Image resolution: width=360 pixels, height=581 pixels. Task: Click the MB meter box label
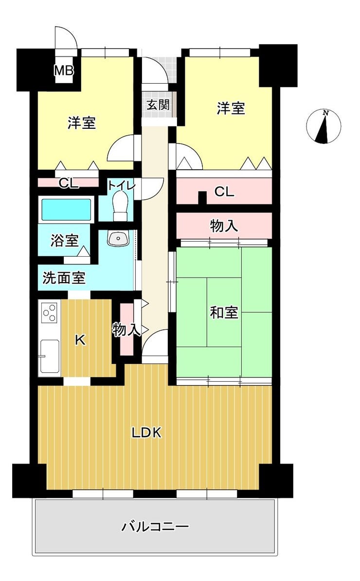64,70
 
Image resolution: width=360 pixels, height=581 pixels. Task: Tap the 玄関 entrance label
158,105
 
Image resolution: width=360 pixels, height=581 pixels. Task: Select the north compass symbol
324,126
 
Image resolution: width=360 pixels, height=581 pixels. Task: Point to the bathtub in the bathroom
66,210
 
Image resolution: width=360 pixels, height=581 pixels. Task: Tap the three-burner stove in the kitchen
50,313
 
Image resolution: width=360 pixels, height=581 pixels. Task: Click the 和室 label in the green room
224,313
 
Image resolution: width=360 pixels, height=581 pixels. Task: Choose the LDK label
147,432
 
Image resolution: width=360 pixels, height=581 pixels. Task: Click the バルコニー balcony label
155,526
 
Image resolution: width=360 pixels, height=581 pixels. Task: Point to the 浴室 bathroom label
65,241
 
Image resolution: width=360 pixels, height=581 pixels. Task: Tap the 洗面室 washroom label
64,278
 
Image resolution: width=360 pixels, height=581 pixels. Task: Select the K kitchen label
80,340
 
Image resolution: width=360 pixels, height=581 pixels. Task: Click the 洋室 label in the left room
82,123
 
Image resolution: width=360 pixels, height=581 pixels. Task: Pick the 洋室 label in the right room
231,108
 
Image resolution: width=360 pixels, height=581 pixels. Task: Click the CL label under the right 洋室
224,192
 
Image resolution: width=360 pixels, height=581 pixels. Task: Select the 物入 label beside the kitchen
127,329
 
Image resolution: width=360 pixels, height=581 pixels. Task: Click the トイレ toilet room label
121,185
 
